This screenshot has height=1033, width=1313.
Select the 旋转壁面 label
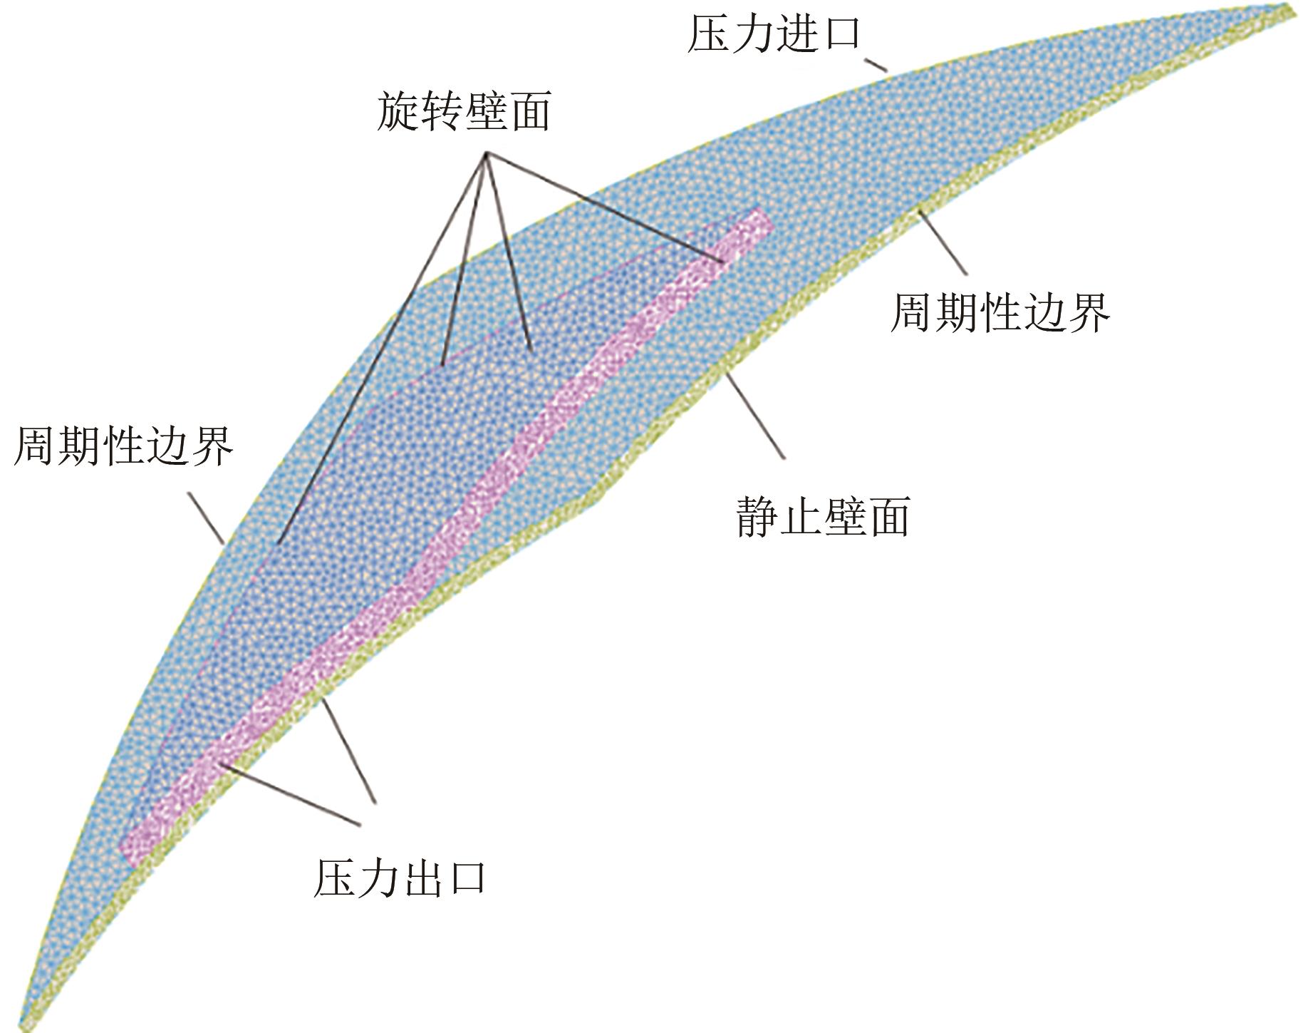[x=464, y=112]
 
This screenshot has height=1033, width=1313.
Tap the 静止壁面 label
[x=824, y=516]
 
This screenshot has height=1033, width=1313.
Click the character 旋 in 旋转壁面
[x=398, y=112]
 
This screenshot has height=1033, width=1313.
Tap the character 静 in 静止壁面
[x=759, y=516]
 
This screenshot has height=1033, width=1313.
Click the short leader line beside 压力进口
[x=876, y=65]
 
